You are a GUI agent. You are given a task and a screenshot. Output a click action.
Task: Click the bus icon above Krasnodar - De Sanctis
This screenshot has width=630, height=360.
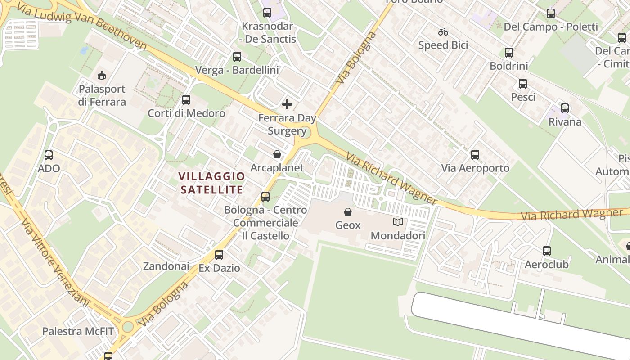tap(267, 13)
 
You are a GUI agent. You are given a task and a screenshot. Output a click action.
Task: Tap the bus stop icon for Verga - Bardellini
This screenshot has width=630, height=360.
tap(237, 57)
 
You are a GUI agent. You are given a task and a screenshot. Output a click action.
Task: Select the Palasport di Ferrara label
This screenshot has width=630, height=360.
tap(102, 95)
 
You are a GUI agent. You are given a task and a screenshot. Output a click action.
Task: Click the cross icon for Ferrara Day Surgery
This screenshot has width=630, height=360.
tap(287, 105)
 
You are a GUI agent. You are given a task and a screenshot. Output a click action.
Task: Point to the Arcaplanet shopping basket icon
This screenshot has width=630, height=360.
tap(277, 154)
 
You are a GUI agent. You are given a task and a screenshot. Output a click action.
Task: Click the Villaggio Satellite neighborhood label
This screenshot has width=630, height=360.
tap(211, 183)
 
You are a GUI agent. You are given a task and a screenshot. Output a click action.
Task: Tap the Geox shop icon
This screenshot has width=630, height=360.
tap(348, 212)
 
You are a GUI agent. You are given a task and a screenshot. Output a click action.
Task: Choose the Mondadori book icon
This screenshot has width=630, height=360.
tap(397, 222)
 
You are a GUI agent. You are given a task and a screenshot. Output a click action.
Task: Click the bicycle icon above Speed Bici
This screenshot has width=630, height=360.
tap(443, 32)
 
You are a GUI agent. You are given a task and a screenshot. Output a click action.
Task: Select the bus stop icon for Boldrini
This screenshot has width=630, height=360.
tap(509, 53)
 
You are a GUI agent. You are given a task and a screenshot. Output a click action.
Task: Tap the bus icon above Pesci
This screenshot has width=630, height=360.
tap(522, 84)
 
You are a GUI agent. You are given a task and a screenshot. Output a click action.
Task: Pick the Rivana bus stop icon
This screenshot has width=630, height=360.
tap(565, 108)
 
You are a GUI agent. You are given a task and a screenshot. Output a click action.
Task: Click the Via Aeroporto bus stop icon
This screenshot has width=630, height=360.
tap(475, 155)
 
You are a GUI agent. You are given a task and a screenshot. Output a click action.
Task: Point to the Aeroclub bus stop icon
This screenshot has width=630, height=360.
tap(547, 251)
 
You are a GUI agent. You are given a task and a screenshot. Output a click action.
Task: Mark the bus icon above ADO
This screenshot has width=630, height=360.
tap(49, 155)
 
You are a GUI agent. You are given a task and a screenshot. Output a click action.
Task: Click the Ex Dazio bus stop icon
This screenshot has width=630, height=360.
tap(219, 255)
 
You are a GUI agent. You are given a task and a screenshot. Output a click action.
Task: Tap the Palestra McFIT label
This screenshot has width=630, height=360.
tap(78, 332)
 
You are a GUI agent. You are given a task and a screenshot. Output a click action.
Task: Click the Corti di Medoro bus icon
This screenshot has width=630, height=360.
tap(186, 100)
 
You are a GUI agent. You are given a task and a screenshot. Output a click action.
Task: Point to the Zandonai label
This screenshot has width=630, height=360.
tap(166, 266)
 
